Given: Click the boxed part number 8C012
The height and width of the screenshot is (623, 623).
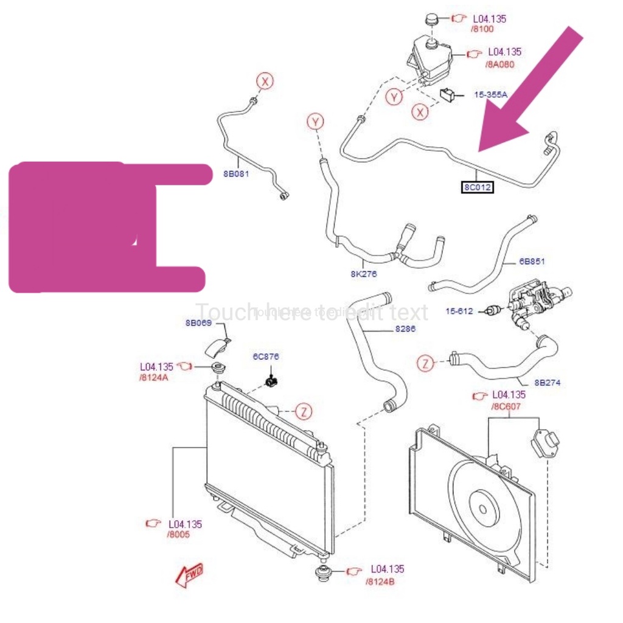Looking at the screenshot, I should click(477, 187).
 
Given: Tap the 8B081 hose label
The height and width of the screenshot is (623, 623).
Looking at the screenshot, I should click(236, 174).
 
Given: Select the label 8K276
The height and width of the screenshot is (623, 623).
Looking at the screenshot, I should click(363, 274).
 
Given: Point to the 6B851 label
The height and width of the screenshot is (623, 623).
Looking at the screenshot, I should click(532, 262).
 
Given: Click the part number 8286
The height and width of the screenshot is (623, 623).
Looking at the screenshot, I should click(405, 329).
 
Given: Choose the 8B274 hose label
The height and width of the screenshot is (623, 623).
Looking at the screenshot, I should click(547, 383).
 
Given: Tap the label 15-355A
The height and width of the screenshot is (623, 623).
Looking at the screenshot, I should click(490, 94).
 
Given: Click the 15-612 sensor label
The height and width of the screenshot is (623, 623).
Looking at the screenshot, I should click(459, 311).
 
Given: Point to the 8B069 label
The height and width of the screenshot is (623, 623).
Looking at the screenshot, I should click(198, 323).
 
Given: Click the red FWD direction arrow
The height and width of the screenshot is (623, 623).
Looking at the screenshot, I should click(189, 575).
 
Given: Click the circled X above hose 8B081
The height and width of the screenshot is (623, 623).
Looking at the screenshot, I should click(265, 80).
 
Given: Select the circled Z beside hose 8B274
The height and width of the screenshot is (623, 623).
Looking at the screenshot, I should click(426, 364).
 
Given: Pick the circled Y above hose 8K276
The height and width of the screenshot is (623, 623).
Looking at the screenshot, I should click(315, 122).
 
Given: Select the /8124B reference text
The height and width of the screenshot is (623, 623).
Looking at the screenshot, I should click(380, 581).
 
